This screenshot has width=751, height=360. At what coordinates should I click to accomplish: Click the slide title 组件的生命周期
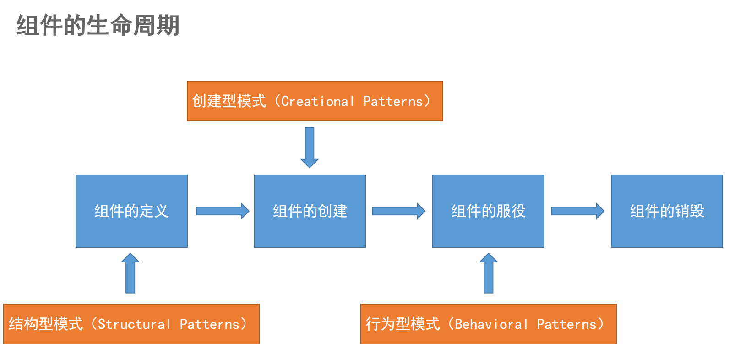click(x=98, y=25)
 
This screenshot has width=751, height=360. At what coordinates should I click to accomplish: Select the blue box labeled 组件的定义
click(x=131, y=211)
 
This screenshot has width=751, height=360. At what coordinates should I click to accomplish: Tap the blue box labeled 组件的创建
click(x=310, y=211)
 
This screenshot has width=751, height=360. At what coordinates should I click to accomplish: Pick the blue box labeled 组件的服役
click(x=488, y=211)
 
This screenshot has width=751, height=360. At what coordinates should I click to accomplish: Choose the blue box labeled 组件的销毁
click(x=667, y=211)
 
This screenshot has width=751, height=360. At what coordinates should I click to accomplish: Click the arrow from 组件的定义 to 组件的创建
click(x=222, y=211)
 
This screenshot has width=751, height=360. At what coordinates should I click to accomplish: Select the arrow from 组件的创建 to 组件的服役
click(x=398, y=211)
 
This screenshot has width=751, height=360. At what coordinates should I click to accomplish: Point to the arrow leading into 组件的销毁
click(x=577, y=211)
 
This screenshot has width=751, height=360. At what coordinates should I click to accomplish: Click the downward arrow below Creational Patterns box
click(x=310, y=147)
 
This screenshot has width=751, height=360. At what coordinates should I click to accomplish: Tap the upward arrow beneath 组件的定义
click(x=131, y=273)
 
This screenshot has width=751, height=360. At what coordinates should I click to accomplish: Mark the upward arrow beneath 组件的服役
click(x=489, y=273)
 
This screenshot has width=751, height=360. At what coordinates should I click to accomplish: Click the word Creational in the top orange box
click(x=317, y=101)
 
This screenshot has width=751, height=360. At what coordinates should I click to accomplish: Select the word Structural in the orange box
click(x=134, y=324)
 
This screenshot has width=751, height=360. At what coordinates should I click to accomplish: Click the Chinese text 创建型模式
click(x=229, y=101)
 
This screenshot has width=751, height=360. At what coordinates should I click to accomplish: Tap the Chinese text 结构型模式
click(x=46, y=324)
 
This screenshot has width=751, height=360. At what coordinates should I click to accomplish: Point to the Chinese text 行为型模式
click(x=403, y=324)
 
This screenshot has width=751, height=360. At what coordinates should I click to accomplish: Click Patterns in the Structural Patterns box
click(x=210, y=324)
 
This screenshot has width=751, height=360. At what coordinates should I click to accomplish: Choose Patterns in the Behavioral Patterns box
click(x=566, y=324)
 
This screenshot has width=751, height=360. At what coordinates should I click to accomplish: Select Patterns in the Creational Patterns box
click(x=393, y=101)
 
